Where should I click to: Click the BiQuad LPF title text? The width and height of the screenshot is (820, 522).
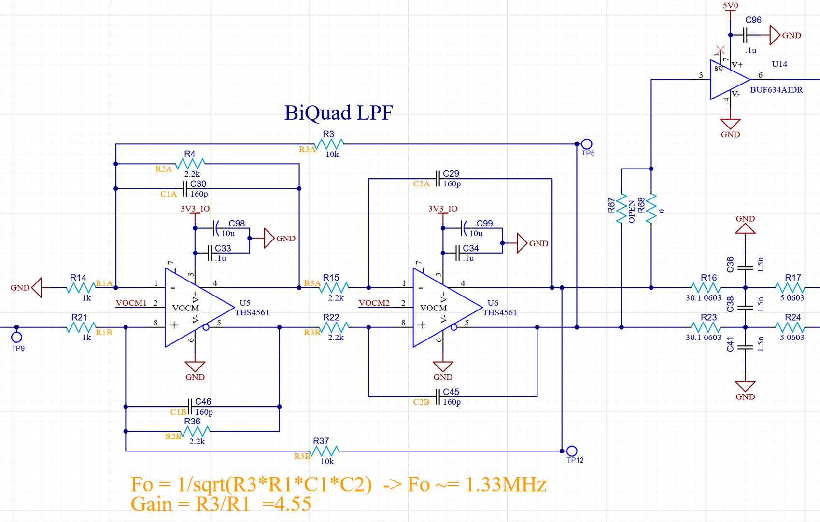point(339,113)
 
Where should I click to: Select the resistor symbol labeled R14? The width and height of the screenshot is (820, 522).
point(80,288)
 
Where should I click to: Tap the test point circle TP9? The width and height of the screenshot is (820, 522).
point(17,337)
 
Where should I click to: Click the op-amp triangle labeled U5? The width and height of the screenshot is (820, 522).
point(196,308)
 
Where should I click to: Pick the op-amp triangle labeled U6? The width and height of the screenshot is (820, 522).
point(443,308)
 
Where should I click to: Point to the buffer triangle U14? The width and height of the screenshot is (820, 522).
point(728,80)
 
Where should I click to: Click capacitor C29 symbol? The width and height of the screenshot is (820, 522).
point(438,179)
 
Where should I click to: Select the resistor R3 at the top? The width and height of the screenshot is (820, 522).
point(329,144)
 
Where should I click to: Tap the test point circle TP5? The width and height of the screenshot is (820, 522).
point(587,144)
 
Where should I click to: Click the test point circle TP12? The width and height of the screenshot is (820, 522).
point(572,451)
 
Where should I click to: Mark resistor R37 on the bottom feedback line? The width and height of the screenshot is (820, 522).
point(324,451)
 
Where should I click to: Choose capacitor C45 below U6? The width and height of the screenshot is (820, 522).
point(438,396)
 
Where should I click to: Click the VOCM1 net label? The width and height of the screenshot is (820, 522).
point(131,303)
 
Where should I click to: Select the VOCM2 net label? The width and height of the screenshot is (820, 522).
point(374,303)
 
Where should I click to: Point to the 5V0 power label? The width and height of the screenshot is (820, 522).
point(730,6)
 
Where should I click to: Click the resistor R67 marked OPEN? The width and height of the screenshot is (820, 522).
point(622,209)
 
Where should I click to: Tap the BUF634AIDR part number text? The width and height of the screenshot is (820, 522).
point(776,90)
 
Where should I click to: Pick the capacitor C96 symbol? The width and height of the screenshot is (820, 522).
point(746,35)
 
